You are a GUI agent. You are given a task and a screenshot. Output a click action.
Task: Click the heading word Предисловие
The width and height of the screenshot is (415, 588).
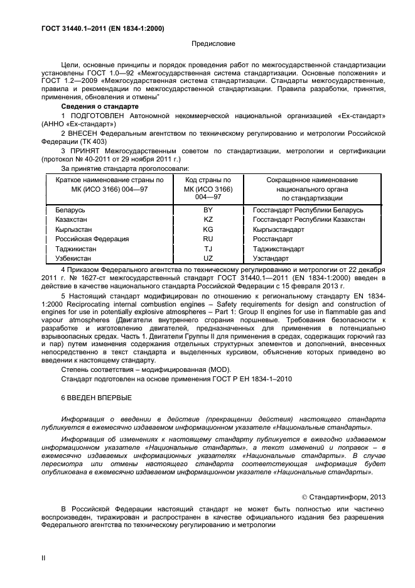pyautogui.click(x=213, y=44)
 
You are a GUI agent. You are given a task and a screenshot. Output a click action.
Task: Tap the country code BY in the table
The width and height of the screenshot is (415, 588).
pyautogui.click(x=208, y=209)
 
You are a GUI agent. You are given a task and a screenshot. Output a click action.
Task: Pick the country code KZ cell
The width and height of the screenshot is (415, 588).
pyautogui.click(x=208, y=219)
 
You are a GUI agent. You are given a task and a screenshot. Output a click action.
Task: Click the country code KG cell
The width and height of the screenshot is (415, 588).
pyautogui.click(x=208, y=229)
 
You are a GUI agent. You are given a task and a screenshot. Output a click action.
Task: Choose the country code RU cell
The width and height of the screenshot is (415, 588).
pyautogui.click(x=208, y=239)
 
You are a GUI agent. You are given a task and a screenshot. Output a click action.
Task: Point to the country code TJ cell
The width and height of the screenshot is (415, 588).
pyautogui.click(x=208, y=249)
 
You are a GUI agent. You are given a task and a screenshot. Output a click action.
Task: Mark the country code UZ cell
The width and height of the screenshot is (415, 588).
pyautogui.click(x=208, y=258)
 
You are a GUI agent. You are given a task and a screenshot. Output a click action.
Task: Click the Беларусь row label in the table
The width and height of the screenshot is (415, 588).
pyautogui.click(x=70, y=209)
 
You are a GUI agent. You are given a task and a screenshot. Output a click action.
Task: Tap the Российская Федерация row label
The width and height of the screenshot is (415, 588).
pyautogui.click(x=92, y=239)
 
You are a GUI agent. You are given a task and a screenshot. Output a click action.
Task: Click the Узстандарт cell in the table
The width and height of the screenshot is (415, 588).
pyautogui.click(x=271, y=258)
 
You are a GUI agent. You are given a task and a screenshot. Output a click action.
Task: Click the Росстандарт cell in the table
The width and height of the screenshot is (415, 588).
pyautogui.click(x=272, y=239)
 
